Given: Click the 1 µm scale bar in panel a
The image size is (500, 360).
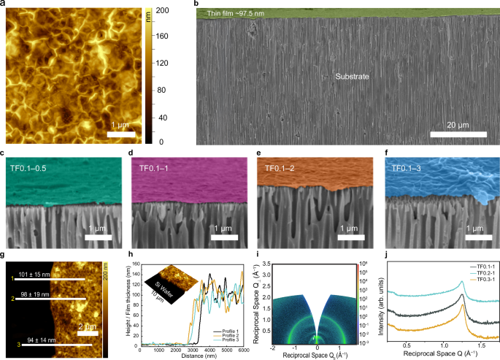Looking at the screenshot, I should coord(121,133).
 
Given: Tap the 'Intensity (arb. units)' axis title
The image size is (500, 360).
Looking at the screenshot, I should coord(372,299).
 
